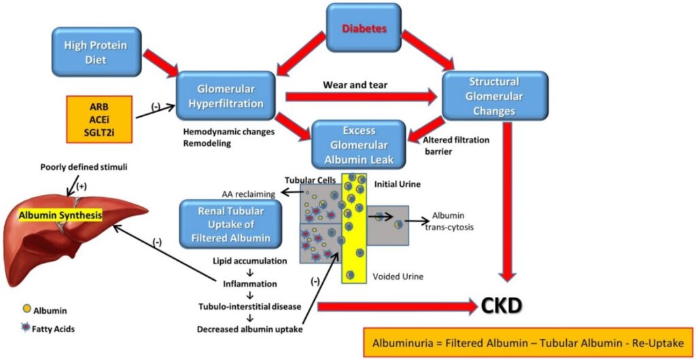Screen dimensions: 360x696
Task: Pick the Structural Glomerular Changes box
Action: [493, 96]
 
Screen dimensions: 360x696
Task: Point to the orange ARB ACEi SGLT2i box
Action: [99, 119]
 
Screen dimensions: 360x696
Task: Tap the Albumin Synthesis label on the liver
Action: [60, 215]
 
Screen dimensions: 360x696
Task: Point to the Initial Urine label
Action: [396, 184]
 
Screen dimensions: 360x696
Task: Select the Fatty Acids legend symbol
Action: [24, 329]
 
